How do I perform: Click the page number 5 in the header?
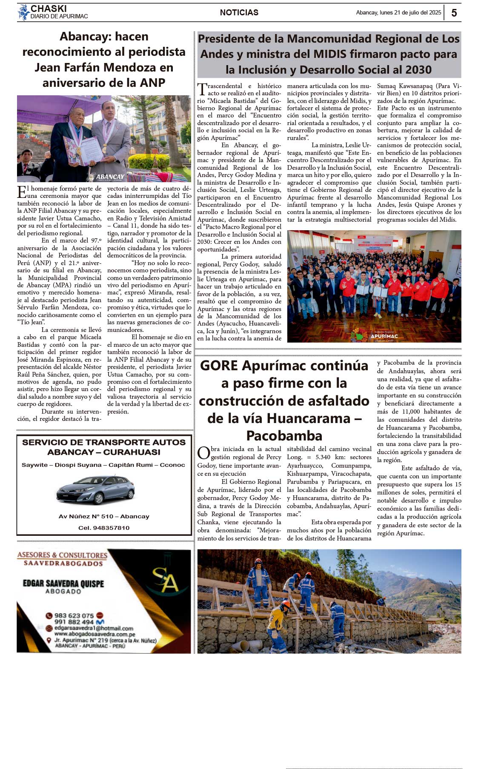454,13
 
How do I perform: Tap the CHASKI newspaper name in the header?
49,9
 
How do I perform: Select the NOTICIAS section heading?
239,13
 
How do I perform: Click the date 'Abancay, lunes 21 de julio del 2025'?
398,13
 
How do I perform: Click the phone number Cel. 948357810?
104,528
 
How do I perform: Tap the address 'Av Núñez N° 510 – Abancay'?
104,516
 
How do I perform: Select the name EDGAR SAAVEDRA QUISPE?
63,583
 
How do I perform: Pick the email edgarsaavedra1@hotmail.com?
94,628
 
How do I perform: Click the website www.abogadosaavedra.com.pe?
94,634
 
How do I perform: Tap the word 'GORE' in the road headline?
219,366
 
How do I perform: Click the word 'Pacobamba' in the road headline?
284,436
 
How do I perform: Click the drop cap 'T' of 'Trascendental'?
202,90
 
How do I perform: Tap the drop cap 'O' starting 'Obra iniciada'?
203,453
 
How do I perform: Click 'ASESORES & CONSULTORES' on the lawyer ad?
62,555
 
